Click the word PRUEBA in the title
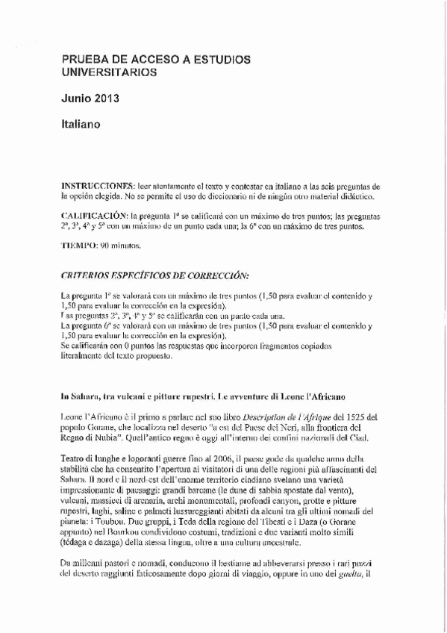(x=84, y=59)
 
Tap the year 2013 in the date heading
(x=106, y=98)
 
